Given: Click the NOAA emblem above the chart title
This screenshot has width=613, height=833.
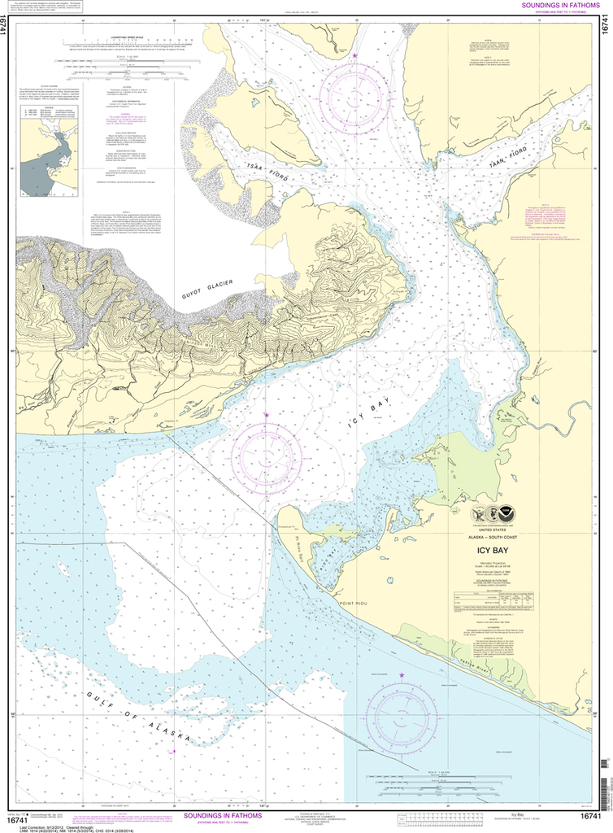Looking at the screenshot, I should [x=507, y=513].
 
